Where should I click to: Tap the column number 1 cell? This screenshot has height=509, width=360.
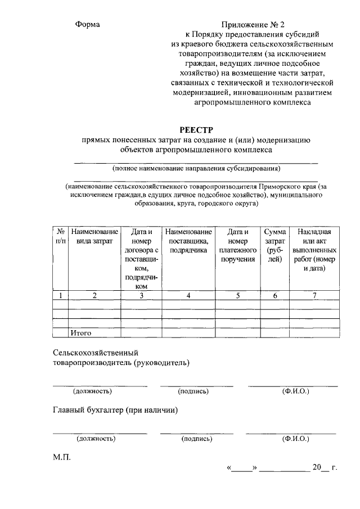[60, 295]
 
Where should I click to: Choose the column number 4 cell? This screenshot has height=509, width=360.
[188, 295]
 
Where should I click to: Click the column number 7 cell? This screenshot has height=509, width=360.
[314, 295]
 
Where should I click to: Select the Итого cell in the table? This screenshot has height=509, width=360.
[81, 333]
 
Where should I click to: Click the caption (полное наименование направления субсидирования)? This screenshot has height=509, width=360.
[196, 168]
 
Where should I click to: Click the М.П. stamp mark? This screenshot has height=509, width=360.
[62, 458]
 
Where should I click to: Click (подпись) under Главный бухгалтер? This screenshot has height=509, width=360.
[197, 439]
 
